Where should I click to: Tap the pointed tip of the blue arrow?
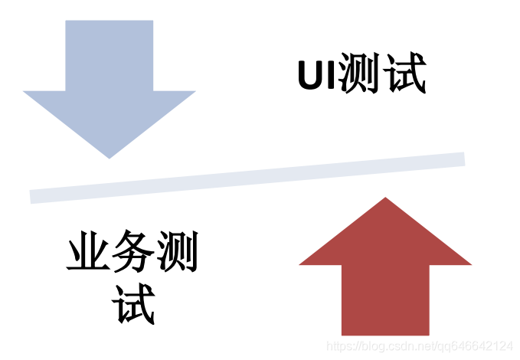click(110, 156)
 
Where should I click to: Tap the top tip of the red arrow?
click(385, 199)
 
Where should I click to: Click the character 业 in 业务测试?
click(87, 254)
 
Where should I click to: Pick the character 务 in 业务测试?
click(132, 254)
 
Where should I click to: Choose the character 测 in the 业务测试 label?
click(176, 254)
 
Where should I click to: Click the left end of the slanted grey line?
click(32, 197)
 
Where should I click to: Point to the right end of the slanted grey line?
click(463, 159)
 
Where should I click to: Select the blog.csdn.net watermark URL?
click(420, 347)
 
